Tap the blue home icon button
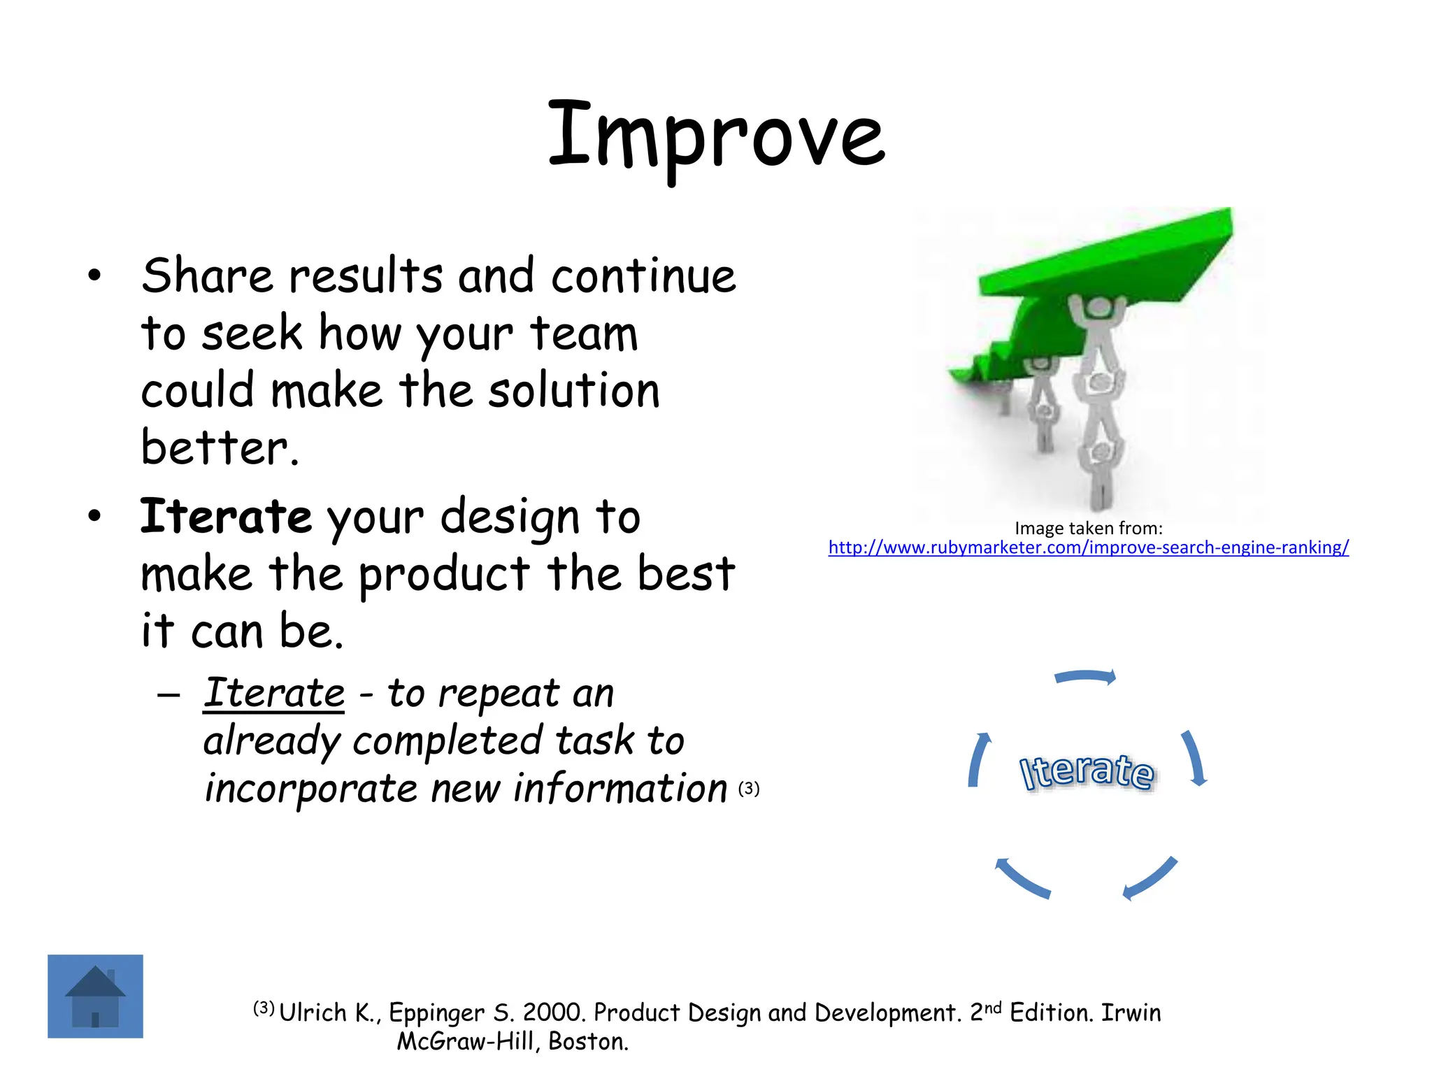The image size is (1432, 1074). click(x=95, y=996)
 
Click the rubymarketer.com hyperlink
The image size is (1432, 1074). click(x=1088, y=547)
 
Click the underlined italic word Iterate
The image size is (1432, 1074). click(x=273, y=693)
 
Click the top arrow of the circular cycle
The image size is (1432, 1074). click(x=1085, y=676)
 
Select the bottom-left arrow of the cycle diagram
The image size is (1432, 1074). click(x=1022, y=878)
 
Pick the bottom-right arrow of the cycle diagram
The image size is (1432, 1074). click(x=1151, y=878)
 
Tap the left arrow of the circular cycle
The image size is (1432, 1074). click(x=978, y=761)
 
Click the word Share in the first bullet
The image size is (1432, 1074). click(x=207, y=275)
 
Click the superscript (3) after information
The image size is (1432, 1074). click(x=749, y=789)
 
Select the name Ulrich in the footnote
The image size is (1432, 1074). click(x=313, y=1012)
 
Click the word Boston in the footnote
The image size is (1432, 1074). click(x=587, y=1042)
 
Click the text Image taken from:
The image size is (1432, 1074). click(x=1088, y=528)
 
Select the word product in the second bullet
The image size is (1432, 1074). click(x=444, y=575)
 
